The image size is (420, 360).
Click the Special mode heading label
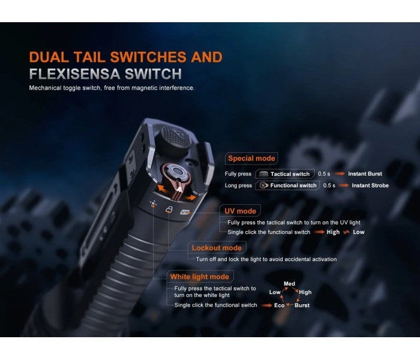(x=251, y=159)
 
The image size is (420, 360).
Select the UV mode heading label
(x=241, y=211)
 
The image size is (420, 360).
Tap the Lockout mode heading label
(x=217, y=248)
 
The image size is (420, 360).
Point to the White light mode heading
(x=199, y=277)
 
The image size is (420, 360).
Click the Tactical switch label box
(x=286, y=174)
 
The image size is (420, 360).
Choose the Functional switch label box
(x=287, y=185)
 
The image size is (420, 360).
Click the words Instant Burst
(x=367, y=174)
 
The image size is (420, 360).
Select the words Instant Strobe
(x=370, y=185)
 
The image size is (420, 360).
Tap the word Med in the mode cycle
(x=289, y=283)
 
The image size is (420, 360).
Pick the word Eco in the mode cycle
(x=280, y=305)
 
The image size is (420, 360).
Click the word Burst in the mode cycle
(x=302, y=305)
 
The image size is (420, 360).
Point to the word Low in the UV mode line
(x=358, y=232)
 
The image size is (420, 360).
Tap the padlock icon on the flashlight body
(x=169, y=209)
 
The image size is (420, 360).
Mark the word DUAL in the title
(x=52, y=58)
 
